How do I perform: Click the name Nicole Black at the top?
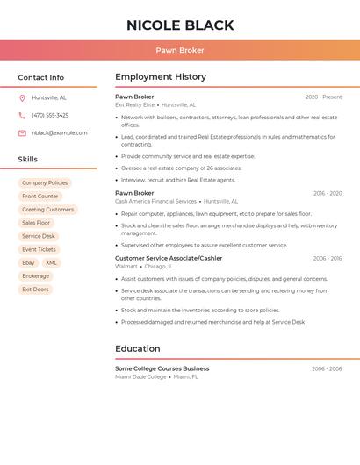point(180,25)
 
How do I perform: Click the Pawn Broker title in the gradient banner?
point(180,50)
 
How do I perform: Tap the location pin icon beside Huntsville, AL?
point(22,97)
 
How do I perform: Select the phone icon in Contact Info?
point(22,115)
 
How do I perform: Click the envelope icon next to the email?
point(22,133)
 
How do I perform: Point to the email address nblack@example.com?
point(60,133)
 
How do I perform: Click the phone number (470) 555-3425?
point(50,115)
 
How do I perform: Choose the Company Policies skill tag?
point(45,182)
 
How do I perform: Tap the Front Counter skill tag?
point(40,197)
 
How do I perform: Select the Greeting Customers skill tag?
point(48,210)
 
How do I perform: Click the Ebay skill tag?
point(29,262)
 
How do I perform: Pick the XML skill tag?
point(52,262)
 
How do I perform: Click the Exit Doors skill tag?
point(35,289)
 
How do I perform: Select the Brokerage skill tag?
point(36,275)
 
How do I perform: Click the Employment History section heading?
point(161,77)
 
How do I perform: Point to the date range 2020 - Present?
point(323,97)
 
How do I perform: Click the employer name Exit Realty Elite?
point(134,104)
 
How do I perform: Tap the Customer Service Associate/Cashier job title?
point(169,258)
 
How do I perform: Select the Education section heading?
point(138,349)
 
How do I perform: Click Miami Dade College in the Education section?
point(140,376)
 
